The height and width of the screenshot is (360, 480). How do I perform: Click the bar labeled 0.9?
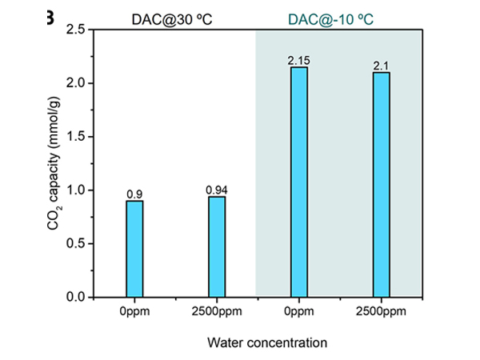134,248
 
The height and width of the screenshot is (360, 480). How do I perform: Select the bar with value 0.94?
217,246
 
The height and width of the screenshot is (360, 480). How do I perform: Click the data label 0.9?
134,194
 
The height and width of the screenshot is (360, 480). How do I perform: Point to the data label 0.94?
217,190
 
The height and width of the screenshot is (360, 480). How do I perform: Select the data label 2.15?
299,61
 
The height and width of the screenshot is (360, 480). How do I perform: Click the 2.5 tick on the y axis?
76,30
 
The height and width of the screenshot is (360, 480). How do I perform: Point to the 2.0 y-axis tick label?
76,84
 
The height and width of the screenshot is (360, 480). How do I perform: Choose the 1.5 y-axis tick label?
76,137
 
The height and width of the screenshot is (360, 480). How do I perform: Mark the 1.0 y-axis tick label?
76,190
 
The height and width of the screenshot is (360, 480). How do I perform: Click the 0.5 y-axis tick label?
76,244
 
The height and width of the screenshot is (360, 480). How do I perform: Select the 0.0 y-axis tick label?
76,297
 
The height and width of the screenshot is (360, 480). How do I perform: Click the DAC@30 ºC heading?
172,14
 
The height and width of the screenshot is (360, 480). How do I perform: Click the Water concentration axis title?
266,342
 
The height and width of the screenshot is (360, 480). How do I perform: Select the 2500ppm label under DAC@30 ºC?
217,313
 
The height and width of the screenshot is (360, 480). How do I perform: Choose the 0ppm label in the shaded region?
299,313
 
